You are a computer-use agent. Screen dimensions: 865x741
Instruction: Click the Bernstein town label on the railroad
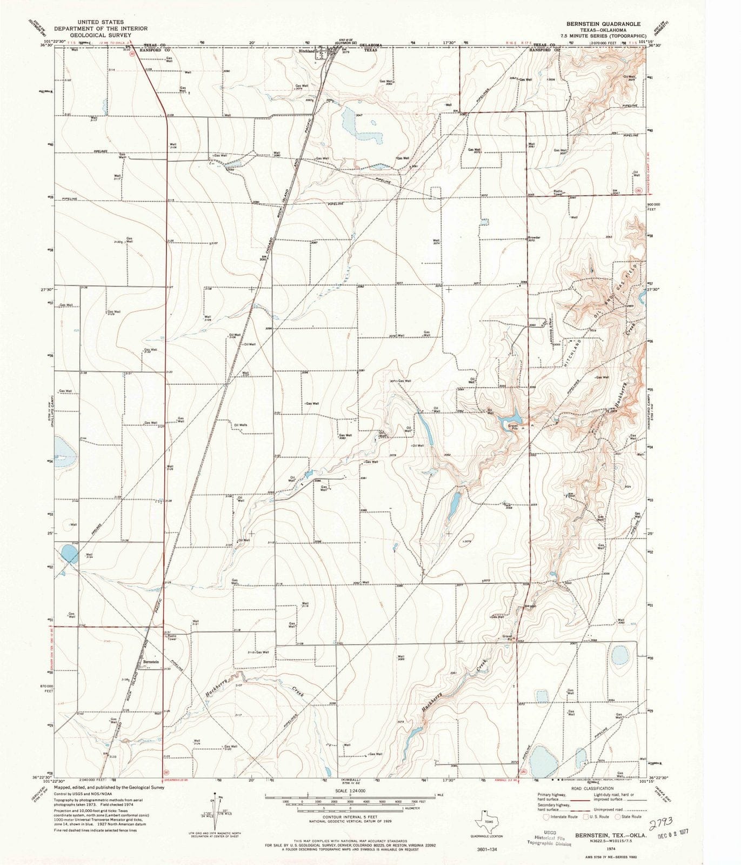(x=151, y=662)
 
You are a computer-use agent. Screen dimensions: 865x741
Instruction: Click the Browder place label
(x=533, y=237)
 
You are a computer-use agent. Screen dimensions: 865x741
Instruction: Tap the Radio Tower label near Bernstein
(x=171, y=637)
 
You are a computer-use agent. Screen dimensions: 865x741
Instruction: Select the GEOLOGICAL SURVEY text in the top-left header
(x=100, y=34)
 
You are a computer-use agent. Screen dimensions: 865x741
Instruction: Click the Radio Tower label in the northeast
(x=558, y=192)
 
